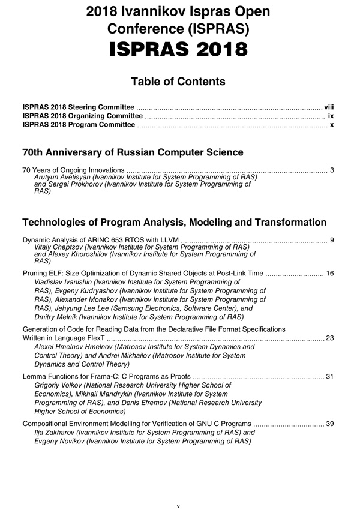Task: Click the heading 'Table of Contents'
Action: click(x=178, y=82)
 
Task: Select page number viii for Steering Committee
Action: click(x=328, y=106)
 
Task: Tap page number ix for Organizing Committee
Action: click(x=331, y=115)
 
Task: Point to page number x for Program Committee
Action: click(x=332, y=125)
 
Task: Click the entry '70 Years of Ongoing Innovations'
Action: click(x=73, y=170)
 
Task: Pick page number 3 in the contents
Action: click(x=332, y=170)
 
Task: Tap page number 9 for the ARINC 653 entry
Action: click(x=332, y=240)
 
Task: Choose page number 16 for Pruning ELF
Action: click(x=329, y=274)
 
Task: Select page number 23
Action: click(x=329, y=338)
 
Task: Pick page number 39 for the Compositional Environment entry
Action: click(x=329, y=424)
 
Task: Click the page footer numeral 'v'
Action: click(x=178, y=506)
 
